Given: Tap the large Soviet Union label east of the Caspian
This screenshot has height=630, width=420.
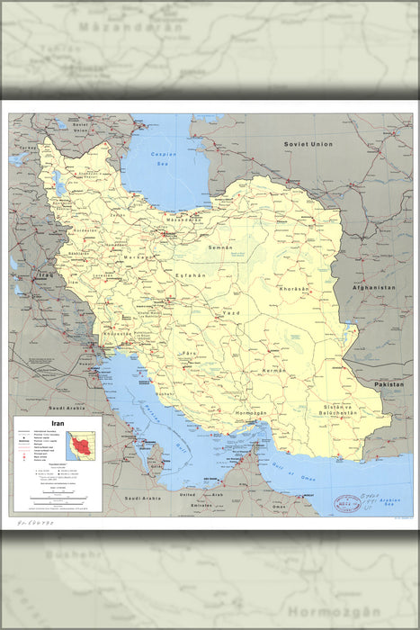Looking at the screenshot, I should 308,144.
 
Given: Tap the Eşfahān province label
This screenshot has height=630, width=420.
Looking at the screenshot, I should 192,274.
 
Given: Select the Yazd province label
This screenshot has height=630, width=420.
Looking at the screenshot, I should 232,312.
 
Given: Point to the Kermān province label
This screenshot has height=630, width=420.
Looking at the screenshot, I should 273,370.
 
